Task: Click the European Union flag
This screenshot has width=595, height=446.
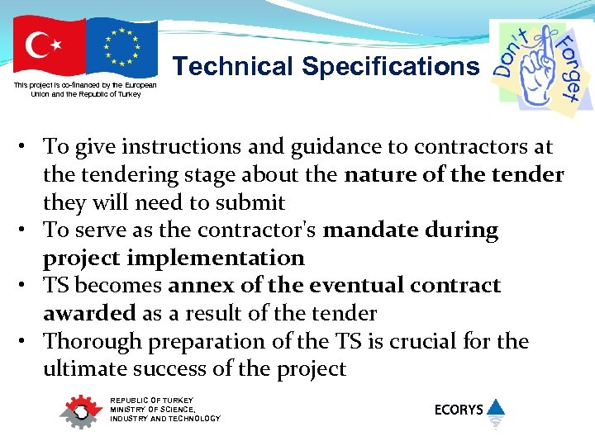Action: tap(122, 48)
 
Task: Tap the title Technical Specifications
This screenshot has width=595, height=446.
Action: tap(326, 66)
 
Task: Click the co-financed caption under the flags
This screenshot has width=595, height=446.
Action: tap(85, 89)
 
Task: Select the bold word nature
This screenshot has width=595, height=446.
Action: tap(377, 175)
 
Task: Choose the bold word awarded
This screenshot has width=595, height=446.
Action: tap(89, 314)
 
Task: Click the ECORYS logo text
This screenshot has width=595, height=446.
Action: tap(459, 409)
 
